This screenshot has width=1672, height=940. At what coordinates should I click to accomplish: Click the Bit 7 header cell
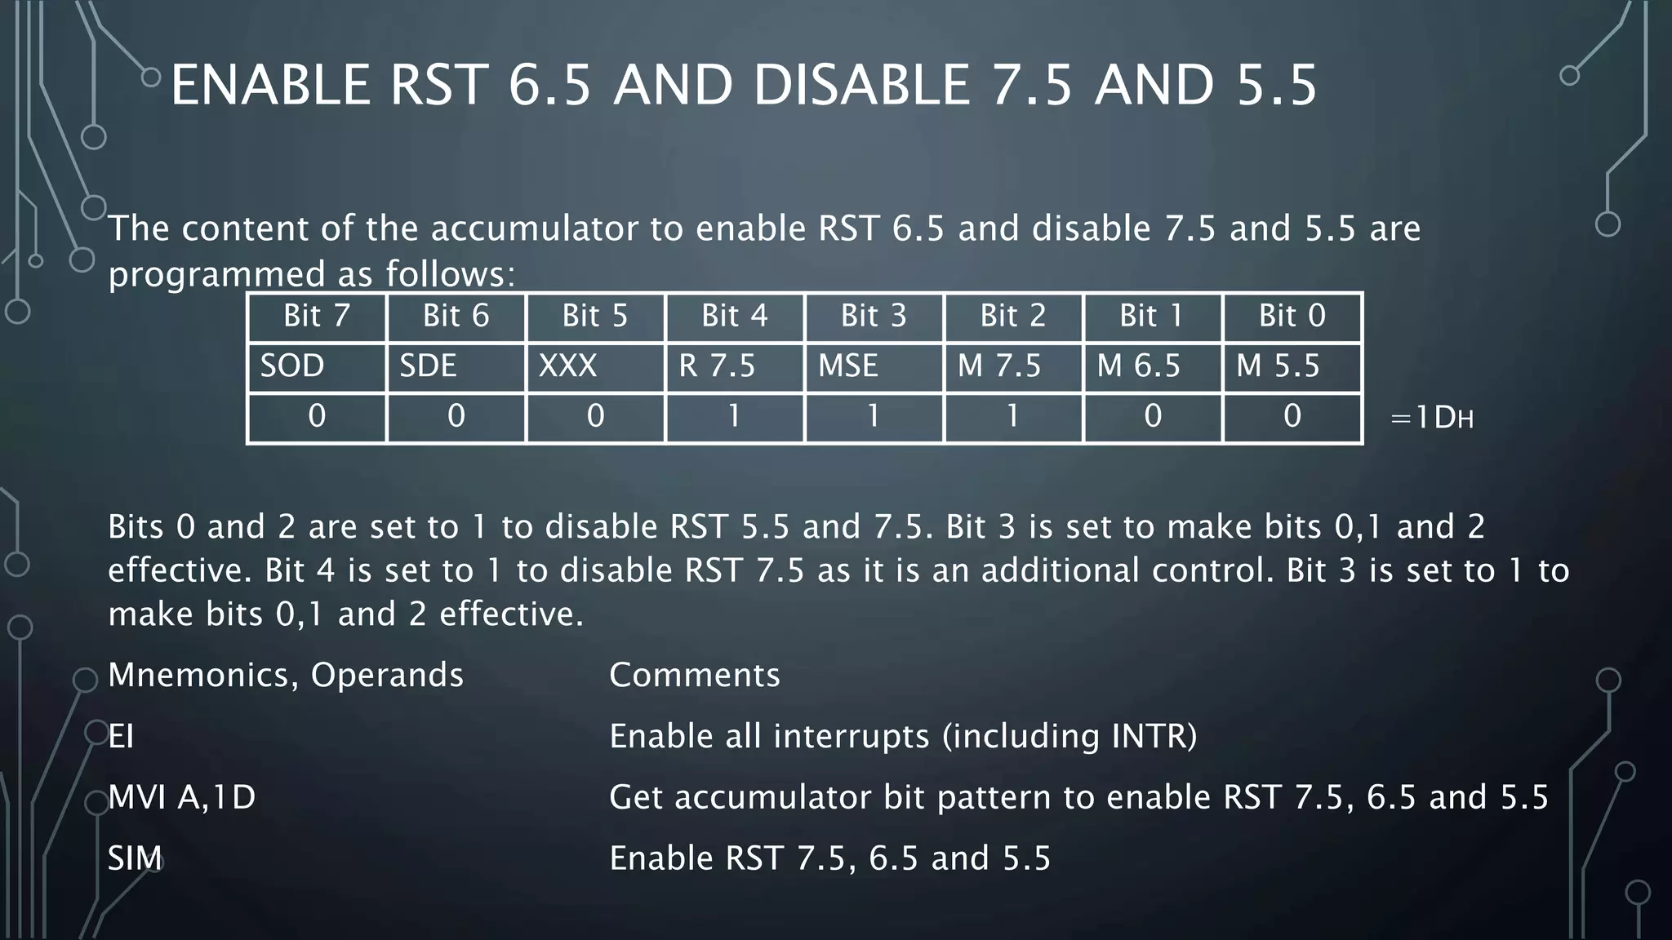pos(317,317)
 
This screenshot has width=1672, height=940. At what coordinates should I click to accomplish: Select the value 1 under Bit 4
pos(735,417)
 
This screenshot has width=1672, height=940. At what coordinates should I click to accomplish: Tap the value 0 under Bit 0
pos(1292,417)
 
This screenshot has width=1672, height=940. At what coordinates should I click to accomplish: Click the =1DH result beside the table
pos(1431,419)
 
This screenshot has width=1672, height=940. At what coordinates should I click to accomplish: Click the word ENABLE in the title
pos(270,86)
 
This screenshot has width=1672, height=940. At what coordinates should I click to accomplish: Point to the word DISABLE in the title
pos(861,86)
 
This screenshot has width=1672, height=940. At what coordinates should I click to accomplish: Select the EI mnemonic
pos(121,737)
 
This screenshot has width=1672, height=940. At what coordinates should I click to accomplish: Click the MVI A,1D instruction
pos(181,797)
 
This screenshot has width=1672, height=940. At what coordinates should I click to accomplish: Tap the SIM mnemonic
pos(135,858)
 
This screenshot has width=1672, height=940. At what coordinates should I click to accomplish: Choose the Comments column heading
pos(695,676)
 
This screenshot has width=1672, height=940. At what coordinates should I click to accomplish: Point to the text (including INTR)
pos(1069,737)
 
